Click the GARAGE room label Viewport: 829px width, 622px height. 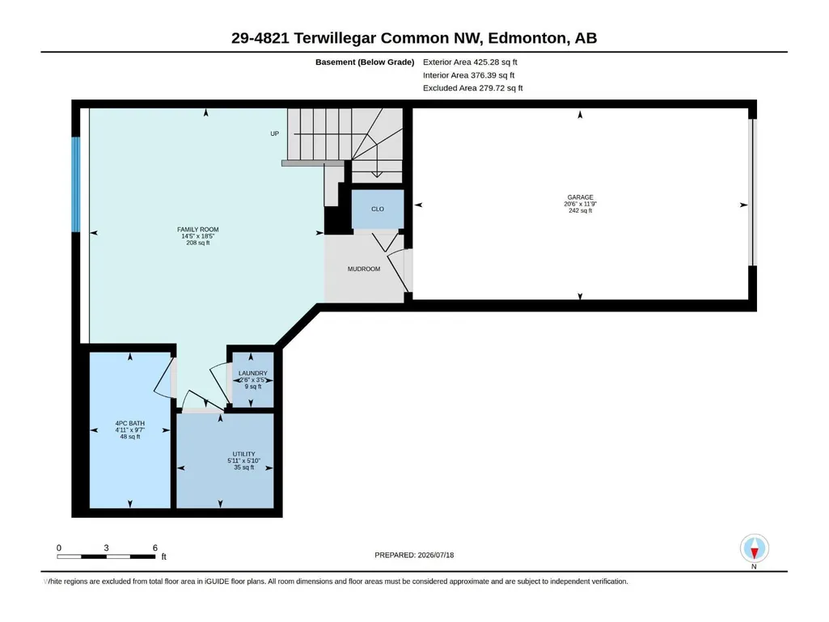point(580,197)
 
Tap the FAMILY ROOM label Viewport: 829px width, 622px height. point(197,230)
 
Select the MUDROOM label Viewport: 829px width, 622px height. point(364,269)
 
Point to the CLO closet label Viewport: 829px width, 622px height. point(378,209)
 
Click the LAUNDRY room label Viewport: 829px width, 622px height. point(252,373)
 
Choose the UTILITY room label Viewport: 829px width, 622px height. point(243,454)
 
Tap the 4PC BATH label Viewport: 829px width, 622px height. point(130,423)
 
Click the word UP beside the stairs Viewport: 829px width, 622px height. point(274,133)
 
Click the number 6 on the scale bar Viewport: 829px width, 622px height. point(155,548)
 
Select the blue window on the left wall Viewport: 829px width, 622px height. point(76,184)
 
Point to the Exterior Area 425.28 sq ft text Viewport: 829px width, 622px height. point(470,62)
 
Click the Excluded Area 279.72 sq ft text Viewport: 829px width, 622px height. point(472,88)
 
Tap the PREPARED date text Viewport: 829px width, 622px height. point(414,555)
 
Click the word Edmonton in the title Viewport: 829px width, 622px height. point(527,38)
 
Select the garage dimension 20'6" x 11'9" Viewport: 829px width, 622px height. point(580,204)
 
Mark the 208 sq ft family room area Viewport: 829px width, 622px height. point(197,243)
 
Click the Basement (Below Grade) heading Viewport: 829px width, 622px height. point(365,62)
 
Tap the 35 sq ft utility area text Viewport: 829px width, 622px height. point(243,468)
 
